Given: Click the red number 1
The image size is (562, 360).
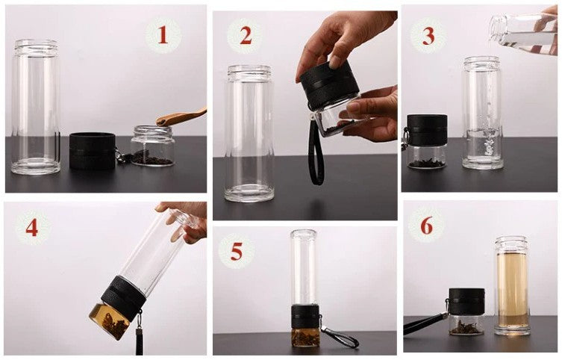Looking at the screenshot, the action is tap(163, 35).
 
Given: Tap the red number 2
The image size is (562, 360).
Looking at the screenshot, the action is tap(246, 36).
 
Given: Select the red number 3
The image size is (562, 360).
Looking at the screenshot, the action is tap(428, 36).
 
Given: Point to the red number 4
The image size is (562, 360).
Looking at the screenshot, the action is tap(32, 227).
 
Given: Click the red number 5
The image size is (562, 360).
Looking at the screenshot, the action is tap(237, 252).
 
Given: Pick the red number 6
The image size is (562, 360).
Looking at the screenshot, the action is tap(426, 226).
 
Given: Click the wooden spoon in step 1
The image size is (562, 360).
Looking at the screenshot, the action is tap(181, 117).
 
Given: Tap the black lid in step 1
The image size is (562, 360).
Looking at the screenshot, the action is tap(92, 151).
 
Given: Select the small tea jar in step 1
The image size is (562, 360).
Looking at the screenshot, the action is tap(153, 145).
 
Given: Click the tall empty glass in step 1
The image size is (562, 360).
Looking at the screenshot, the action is tap(36, 107).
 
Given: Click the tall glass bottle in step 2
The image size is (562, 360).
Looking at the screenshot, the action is tap(249, 134).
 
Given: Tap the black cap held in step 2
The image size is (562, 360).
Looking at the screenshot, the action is tap(329, 85).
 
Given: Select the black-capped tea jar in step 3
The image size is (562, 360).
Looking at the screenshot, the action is tap(427, 141).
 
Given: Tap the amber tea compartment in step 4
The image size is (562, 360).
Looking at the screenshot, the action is tap(110, 321).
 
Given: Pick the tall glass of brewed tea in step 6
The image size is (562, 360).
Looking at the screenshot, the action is tap(512, 285).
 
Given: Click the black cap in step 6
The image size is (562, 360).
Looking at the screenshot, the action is tap(466, 302).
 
